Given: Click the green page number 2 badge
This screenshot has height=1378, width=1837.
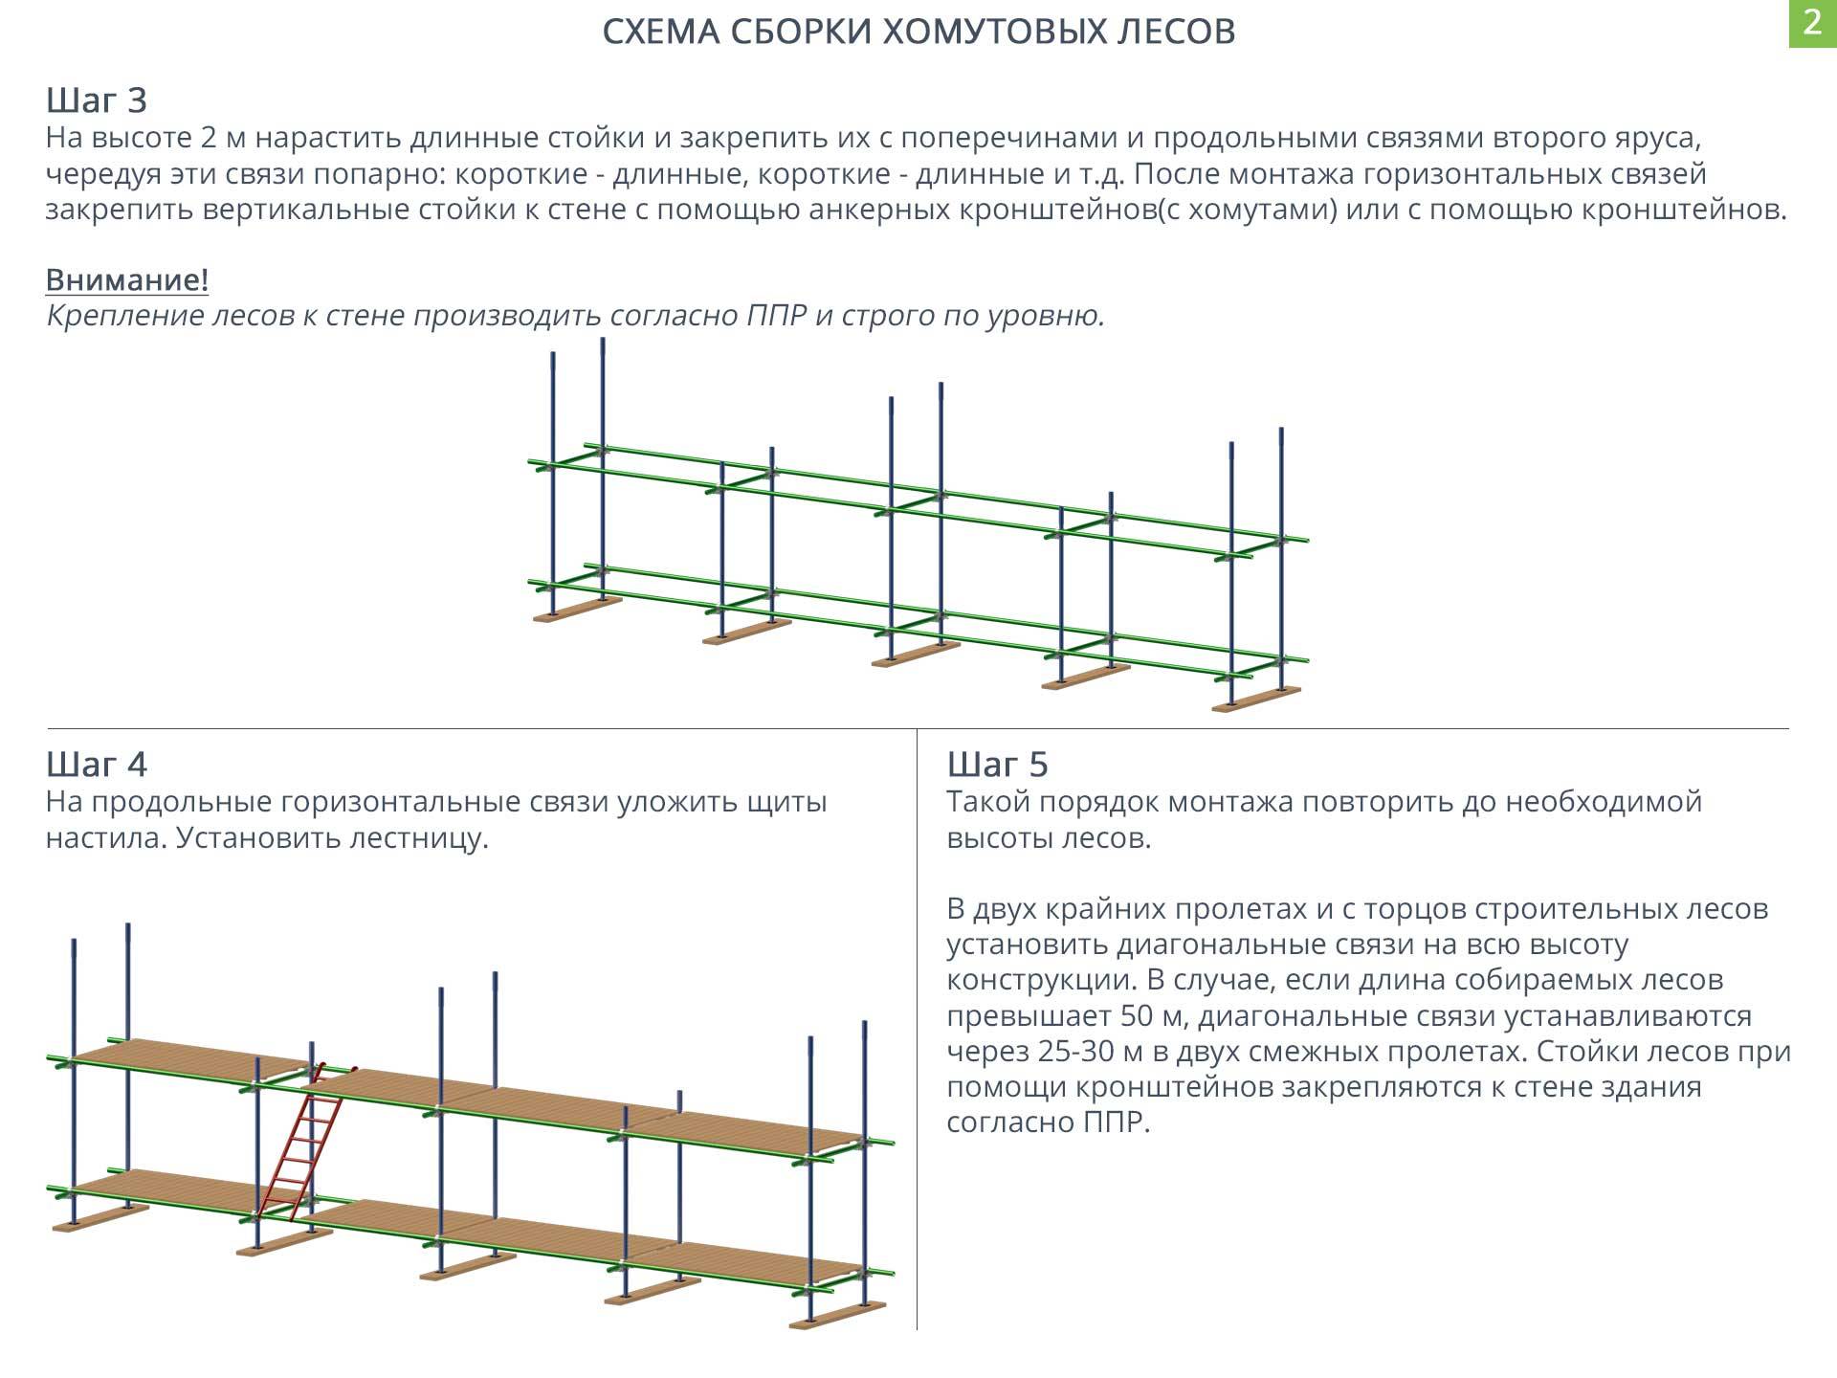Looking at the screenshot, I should [x=1812, y=23].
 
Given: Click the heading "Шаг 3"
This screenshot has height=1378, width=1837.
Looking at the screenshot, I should [x=97, y=100].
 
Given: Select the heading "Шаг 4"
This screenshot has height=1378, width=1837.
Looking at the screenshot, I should [x=97, y=764].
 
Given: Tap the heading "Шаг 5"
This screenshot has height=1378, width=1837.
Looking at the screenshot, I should [x=998, y=764].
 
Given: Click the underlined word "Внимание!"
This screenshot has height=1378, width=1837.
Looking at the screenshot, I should [x=127, y=280].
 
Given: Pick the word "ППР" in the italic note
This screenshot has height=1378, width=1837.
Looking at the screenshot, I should [x=777, y=316].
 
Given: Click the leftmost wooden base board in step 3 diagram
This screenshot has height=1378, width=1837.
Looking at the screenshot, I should [x=578, y=610].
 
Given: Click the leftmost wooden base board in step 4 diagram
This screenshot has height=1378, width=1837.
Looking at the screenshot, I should [x=100, y=1218].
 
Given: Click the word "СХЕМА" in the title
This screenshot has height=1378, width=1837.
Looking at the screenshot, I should [x=662, y=32].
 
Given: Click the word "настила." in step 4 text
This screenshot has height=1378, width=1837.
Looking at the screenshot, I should [x=105, y=838].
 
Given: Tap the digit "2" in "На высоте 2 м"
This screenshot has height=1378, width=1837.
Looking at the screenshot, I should [x=210, y=139].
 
